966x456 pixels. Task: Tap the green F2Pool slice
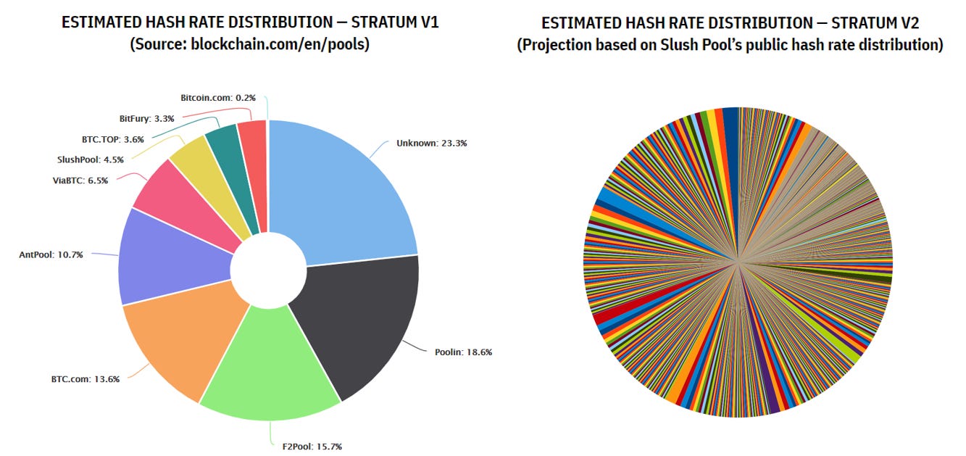click(270, 367)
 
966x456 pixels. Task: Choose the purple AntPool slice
click(172, 258)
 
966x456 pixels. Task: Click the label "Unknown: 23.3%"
click(432, 144)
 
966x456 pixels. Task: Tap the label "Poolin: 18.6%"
click(463, 352)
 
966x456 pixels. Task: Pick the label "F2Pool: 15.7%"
click(312, 447)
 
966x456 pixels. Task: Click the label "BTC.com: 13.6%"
click(86, 379)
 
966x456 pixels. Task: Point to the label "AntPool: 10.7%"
click(51, 254)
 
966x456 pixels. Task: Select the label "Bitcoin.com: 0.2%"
click(218, 98)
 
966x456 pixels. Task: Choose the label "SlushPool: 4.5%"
click(91, 159)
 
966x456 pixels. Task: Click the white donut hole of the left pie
click(268, 270)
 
